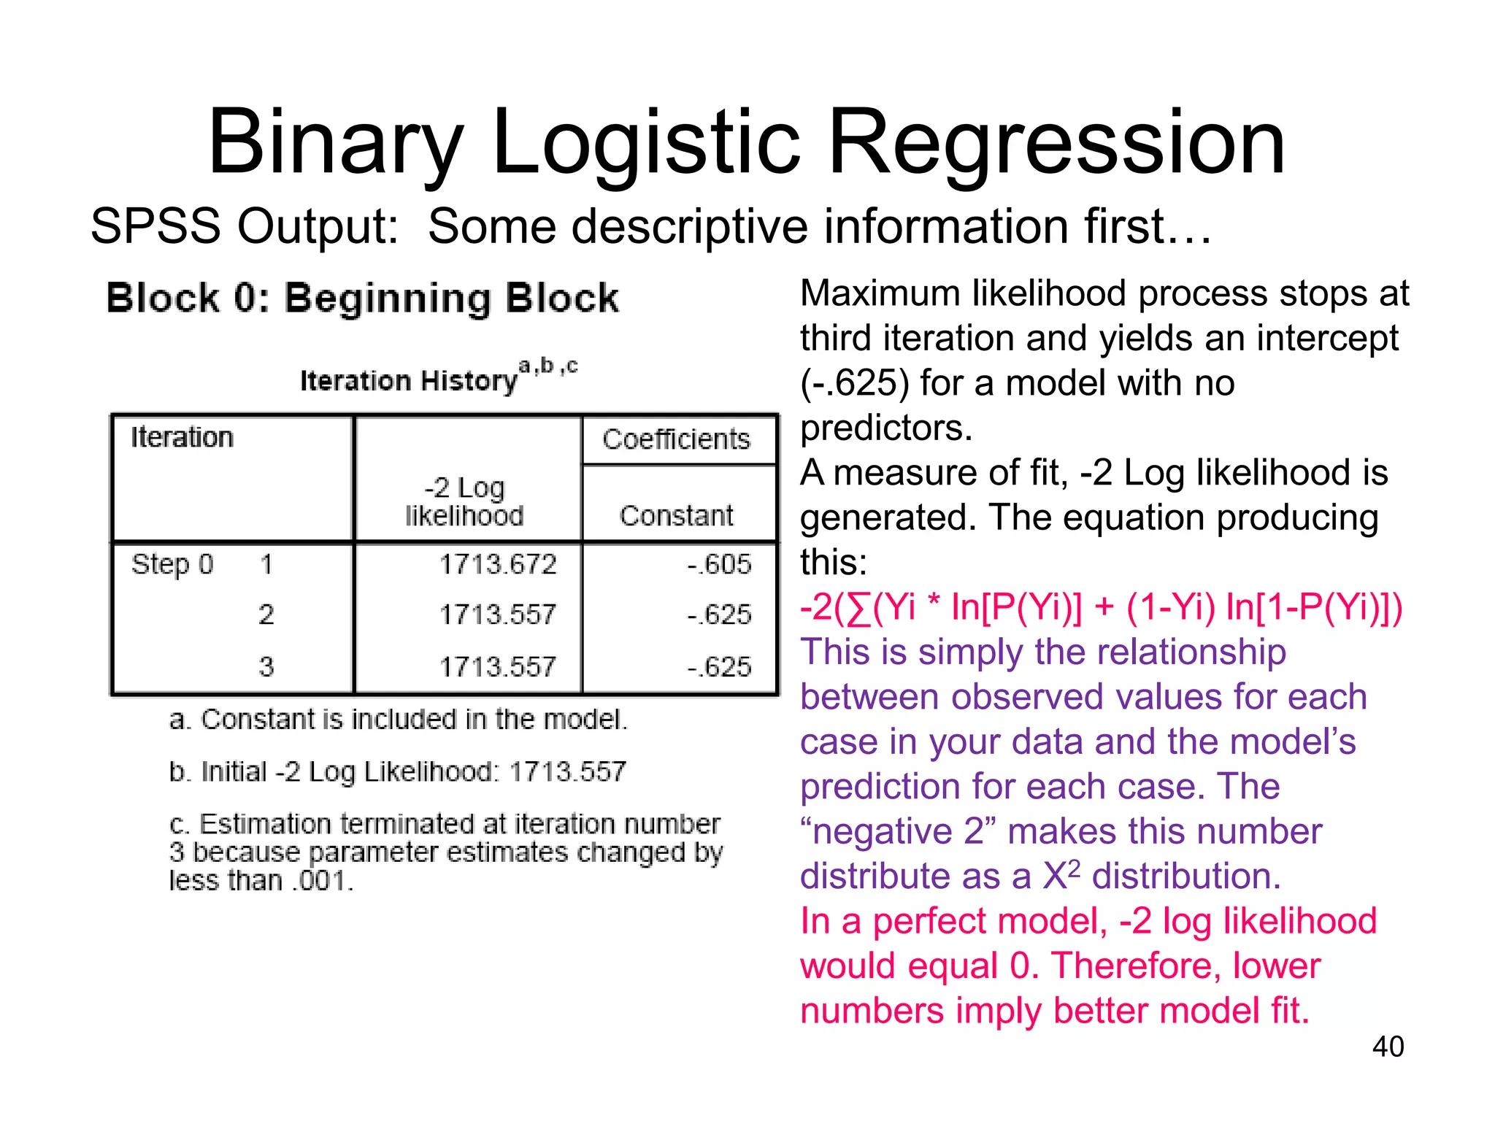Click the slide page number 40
point(1388,1047)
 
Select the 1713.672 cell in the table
point(498,565)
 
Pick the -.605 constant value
point(719,565)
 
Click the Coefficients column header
point(676,439)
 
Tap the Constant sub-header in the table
point(676,516)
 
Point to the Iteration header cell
point(182,438)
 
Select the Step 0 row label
point(172,565)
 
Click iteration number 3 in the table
point(266,666)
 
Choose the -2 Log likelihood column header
point(465,501)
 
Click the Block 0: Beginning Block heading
point(362,298)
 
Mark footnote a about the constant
point(398,720)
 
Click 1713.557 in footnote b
point(567,772)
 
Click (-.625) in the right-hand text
point(855,383)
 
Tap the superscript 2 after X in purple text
point(1074,867)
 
